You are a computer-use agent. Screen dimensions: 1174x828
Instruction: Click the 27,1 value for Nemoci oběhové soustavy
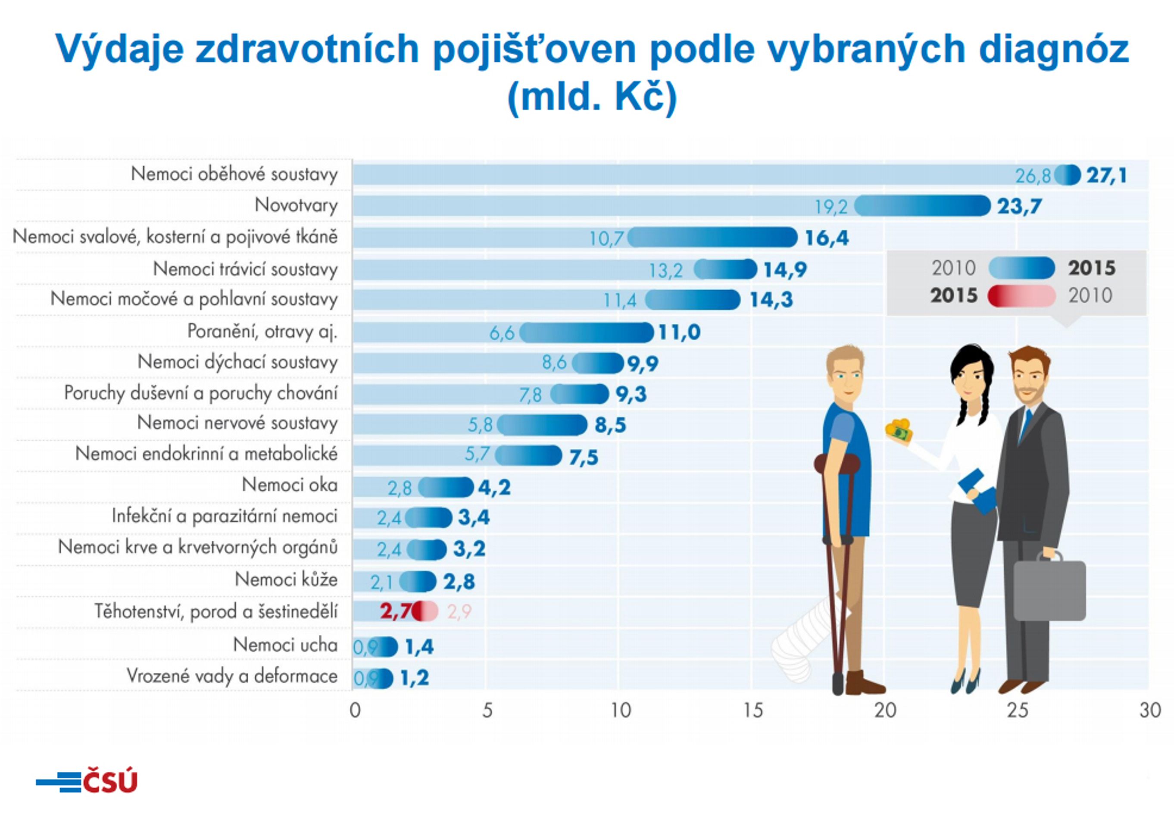point(1107,176)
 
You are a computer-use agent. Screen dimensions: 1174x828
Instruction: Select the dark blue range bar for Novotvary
point(922,206)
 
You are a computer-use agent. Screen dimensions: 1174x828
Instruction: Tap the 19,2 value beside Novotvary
point(831,207)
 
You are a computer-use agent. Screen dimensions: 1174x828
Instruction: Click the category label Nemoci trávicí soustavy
point(245,269)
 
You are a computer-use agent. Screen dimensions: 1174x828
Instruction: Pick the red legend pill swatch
point(1021,296)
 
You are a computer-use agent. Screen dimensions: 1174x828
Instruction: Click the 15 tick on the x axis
point(752,710)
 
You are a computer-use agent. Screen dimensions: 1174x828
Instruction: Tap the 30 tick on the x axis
point(1150,710)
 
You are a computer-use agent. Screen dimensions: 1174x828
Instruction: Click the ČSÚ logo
point(87,781)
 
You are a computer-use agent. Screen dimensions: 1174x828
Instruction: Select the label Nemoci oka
point(290,485)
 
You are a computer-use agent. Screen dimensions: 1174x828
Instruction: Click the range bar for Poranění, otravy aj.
point(587,332)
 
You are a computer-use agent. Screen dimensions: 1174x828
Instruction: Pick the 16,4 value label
point(827,238)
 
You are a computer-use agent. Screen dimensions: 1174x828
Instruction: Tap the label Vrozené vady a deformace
point(232,676)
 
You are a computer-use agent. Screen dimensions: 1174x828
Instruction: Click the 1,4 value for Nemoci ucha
point(419,647)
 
